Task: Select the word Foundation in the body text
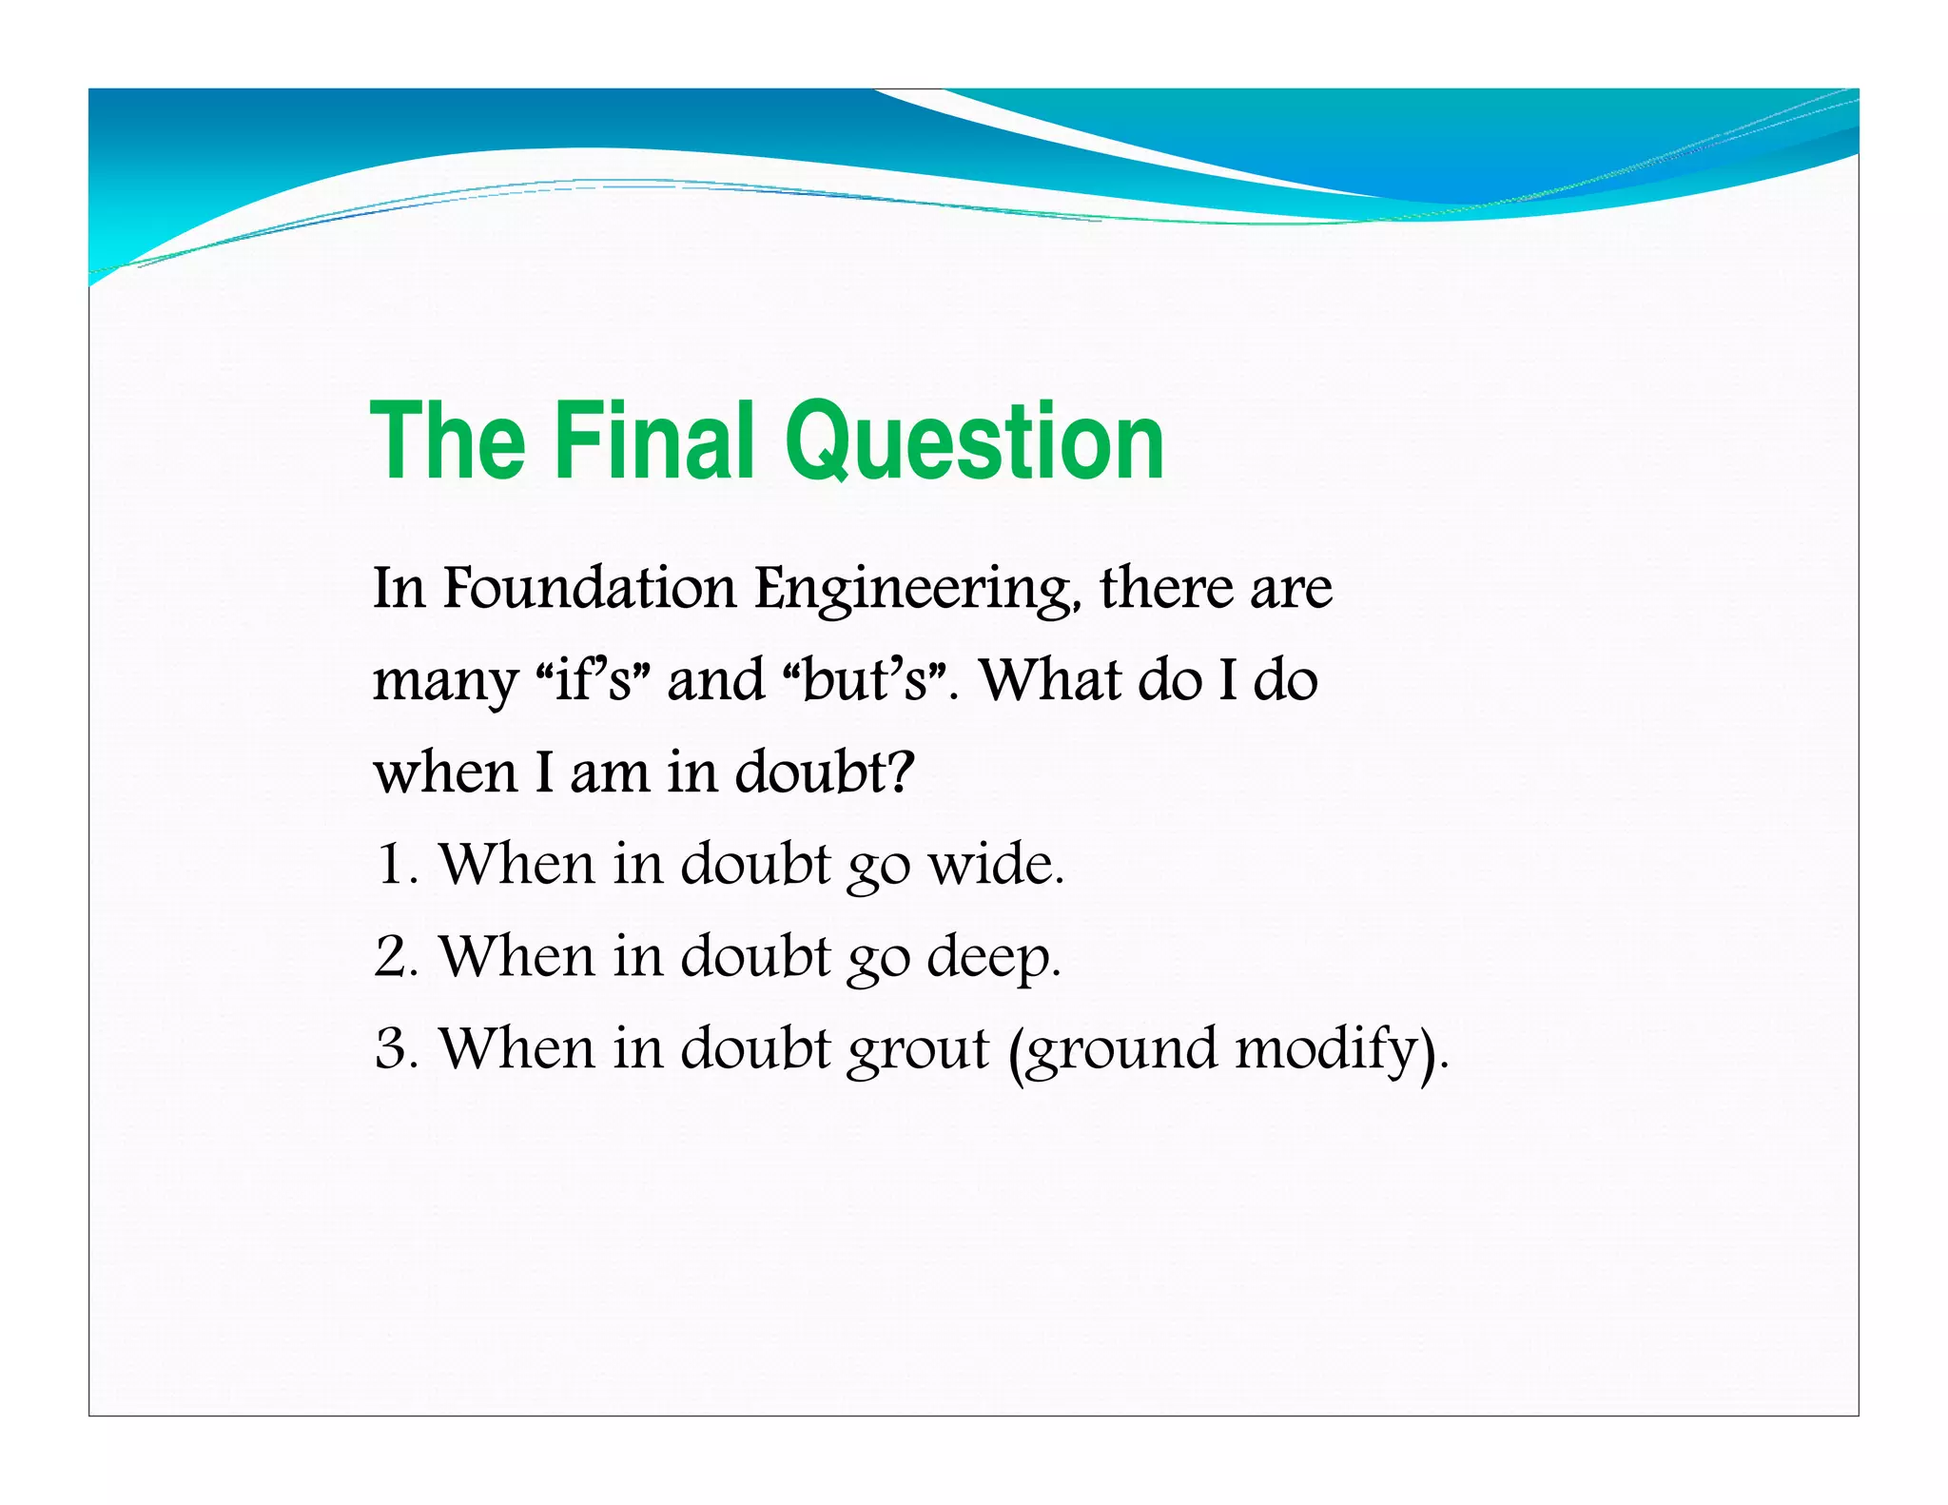[x=590, y=588]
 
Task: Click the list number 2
[x=392, y=956]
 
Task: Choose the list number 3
[x=392, y=1048]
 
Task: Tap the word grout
[x=918, y=1050]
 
